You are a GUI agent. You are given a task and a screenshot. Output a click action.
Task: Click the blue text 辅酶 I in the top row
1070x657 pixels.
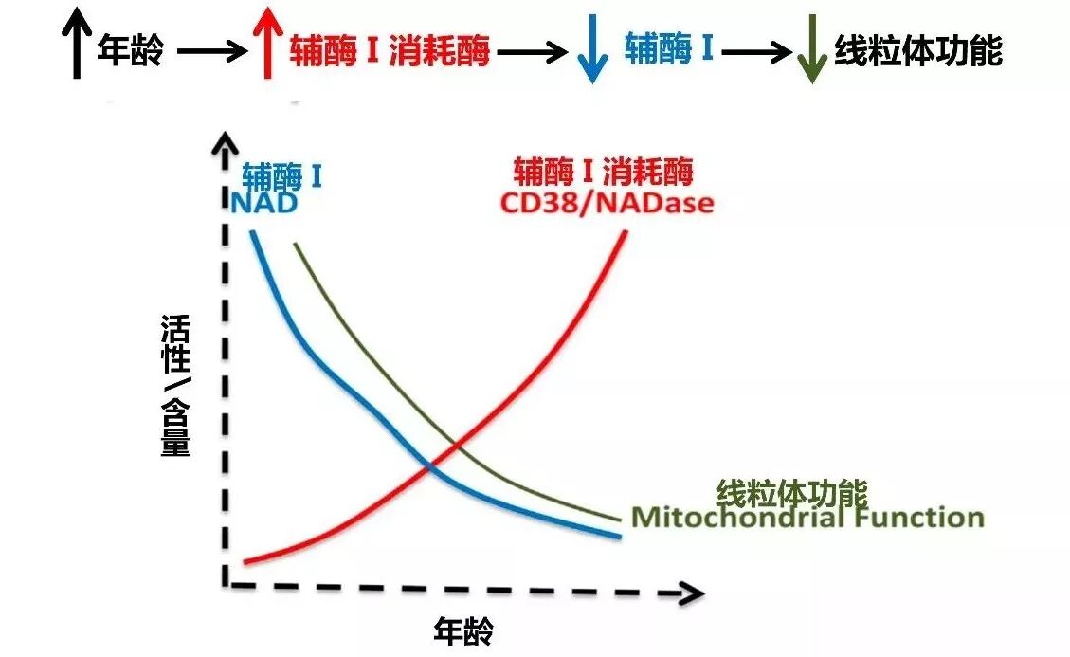[x=668, y=48]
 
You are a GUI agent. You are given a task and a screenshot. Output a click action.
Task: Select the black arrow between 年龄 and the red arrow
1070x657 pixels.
[x=210, y=53]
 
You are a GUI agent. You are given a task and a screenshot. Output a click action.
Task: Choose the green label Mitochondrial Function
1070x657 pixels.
[x=807, y=518]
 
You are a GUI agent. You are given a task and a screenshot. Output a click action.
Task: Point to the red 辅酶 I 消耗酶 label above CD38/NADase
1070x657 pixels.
[x=604, y=173]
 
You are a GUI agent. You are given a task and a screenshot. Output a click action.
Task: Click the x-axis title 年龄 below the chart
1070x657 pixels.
[x=463, y=629]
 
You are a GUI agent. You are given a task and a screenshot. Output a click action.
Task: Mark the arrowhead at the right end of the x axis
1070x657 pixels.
[x=692, y=593]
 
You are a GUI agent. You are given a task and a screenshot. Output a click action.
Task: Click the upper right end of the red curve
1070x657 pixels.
[x=624, y=233]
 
